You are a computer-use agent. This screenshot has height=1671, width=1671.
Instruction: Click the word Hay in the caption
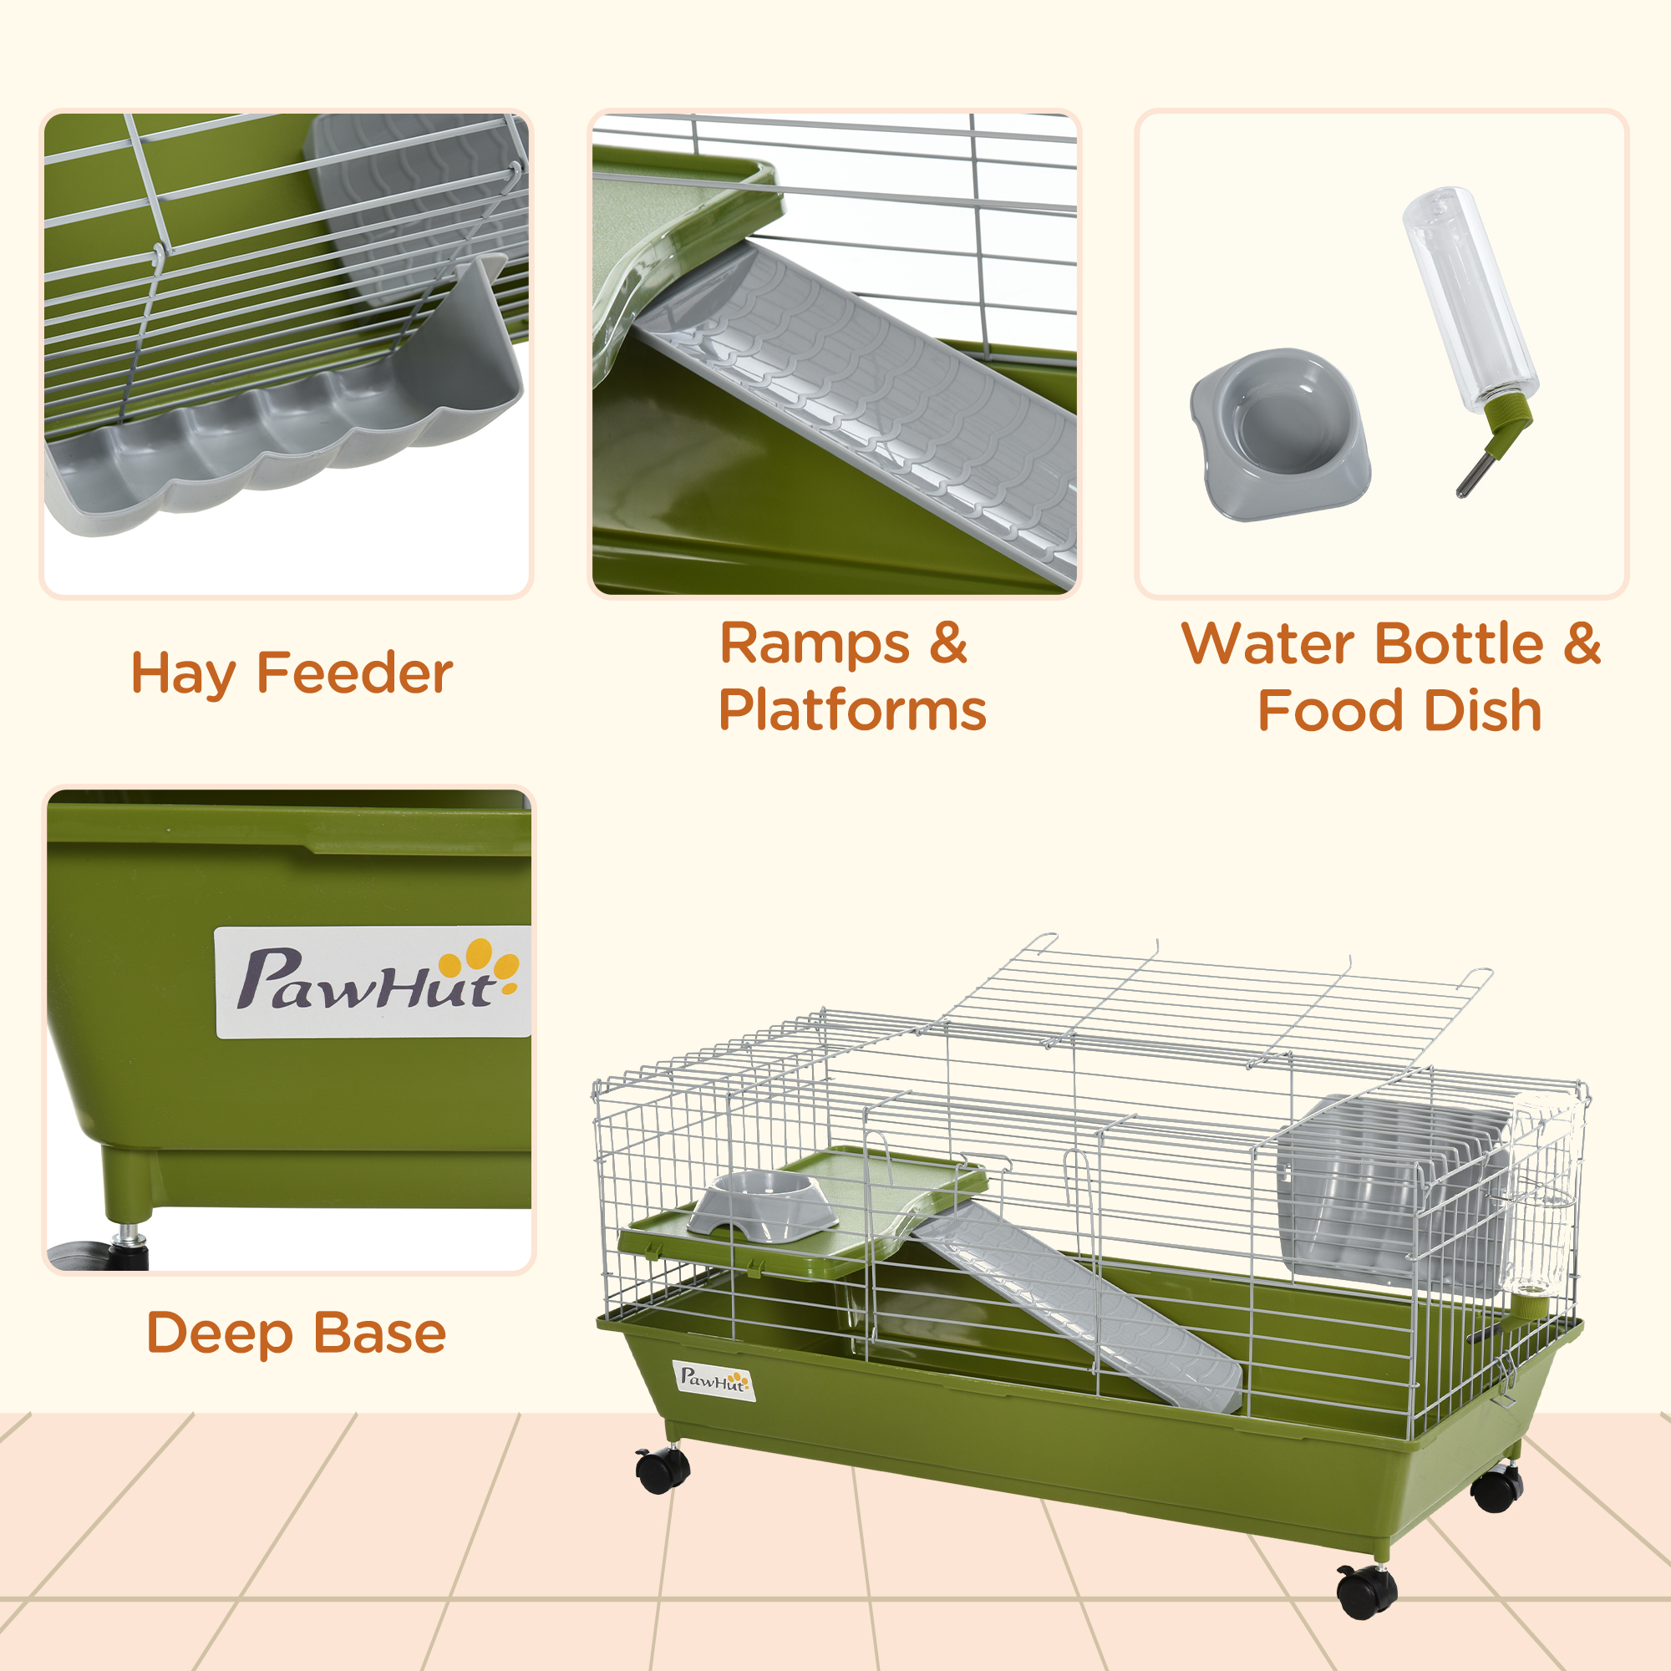(183, 673)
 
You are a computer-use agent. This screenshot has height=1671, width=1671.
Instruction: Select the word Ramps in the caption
(815, 644)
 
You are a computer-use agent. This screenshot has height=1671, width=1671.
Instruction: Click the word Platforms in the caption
(852, 711)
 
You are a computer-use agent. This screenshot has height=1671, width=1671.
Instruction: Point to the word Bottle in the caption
(1458, 644)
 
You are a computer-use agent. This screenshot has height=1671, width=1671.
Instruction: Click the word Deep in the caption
(220, 1333)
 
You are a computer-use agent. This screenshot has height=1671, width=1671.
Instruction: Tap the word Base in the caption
(379, 1333)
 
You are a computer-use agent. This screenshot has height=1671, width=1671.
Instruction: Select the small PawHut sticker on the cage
(714, 1380)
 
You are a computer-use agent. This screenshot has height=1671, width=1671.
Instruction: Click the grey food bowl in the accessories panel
(1279, 434)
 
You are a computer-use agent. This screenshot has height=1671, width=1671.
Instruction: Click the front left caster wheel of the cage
(663, 1470)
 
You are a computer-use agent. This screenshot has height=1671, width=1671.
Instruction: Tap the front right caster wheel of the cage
(1367, 1592)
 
